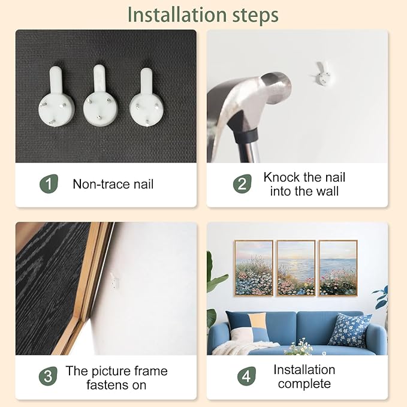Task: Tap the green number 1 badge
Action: [49, 183]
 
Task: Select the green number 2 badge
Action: [242, 184]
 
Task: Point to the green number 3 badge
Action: [48, 376]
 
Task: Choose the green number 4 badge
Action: [246, 376]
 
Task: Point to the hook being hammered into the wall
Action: [322, 74]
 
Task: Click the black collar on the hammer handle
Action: [246, 135]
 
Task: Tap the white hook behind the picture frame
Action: [114, 281]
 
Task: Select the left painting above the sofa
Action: [254, 268]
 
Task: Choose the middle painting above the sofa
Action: [296, 268]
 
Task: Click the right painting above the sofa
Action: [338, 268]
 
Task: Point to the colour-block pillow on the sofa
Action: [248, 327]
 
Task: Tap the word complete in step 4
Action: [305, 384]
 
